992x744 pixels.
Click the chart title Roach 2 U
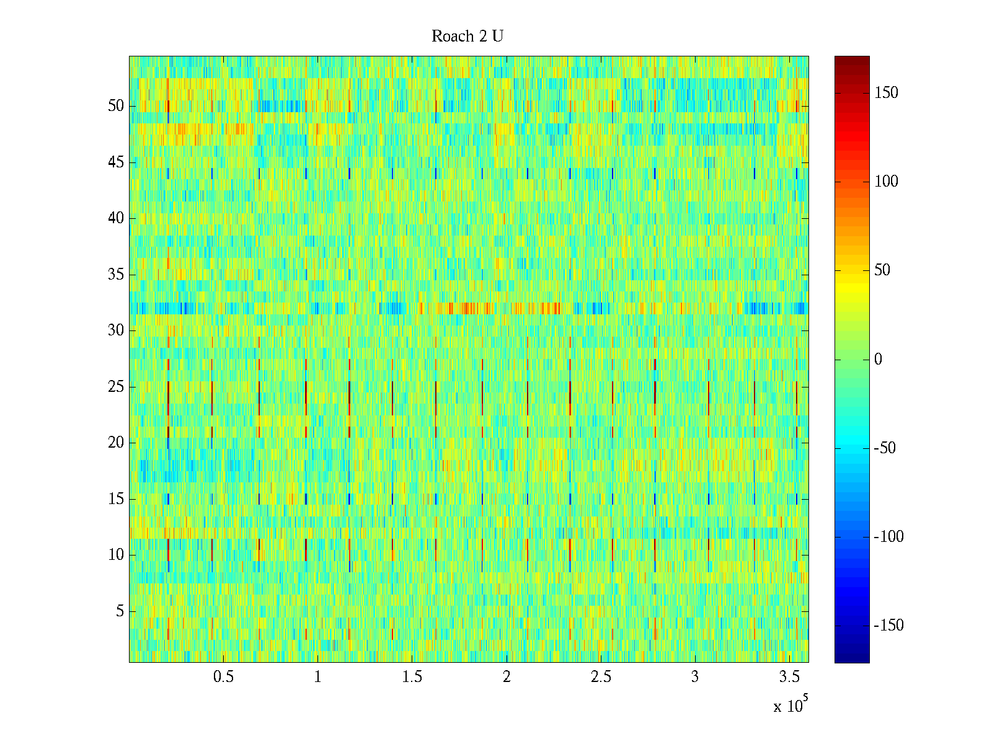pos(467,37)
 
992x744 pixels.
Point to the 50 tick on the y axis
pos(116,106)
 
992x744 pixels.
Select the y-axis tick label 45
pos(116,162)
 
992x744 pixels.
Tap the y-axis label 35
pos(116,275)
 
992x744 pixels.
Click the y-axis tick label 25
pos(116,387)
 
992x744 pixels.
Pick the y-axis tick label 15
pos(116,499)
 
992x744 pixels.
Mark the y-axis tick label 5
pos(120,611)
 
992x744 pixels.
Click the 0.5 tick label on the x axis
pos(223,677)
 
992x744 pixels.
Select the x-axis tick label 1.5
pos(412,677)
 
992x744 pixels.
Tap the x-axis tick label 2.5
pos(601,677)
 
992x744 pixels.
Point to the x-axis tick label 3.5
pos(789,677)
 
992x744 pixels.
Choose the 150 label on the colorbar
pos(886,93)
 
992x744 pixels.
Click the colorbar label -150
pos(888,626)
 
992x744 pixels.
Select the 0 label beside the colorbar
pos(878,360)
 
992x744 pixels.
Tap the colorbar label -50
pos(885,448)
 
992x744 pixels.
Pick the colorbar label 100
pos(886,182)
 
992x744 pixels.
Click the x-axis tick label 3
pos(695,677)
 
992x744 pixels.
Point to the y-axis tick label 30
pos(116,330)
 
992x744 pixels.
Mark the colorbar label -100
pos(888,537)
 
